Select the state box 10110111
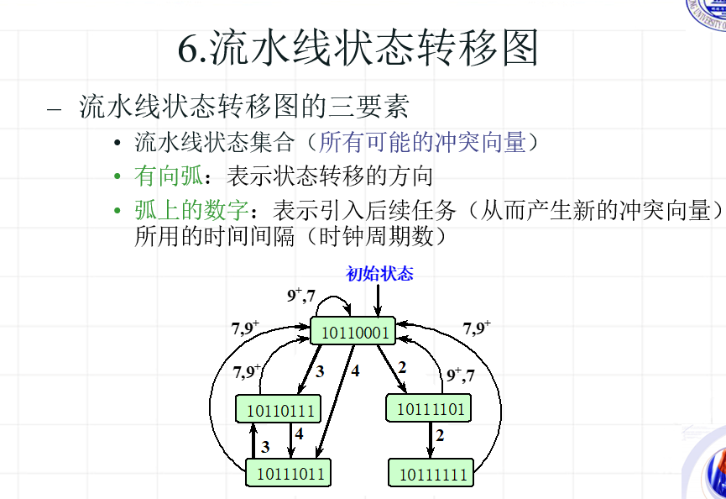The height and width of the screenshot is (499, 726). pos(279,410)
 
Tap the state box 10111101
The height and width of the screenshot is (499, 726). pos(429,408)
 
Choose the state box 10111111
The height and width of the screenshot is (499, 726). pos(431,473)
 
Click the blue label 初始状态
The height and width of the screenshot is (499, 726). pos(379,274)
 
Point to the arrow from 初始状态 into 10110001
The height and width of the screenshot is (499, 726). pos(378,301)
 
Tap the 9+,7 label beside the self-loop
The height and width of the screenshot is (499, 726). pos(301,295)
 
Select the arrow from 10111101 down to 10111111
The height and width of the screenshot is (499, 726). pos(431,439)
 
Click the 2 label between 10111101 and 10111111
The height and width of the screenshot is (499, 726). pos(440,435)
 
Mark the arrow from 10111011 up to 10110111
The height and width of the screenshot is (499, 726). pos(253,440)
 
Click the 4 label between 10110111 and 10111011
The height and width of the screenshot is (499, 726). pos(298,436)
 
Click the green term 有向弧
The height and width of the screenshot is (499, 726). pos(167,176)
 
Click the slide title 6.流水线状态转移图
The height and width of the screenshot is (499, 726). pos(357,49)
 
